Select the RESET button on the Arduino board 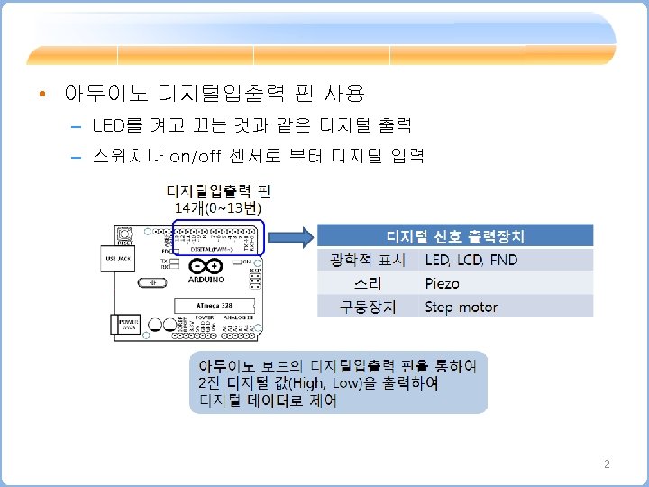(124, 236)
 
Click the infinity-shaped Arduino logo (205, 266)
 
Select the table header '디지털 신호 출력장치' (455, 236)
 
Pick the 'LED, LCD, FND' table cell (471, 260)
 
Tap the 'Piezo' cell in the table (443, 283)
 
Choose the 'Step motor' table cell (462, 307)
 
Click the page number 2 (607, 464)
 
